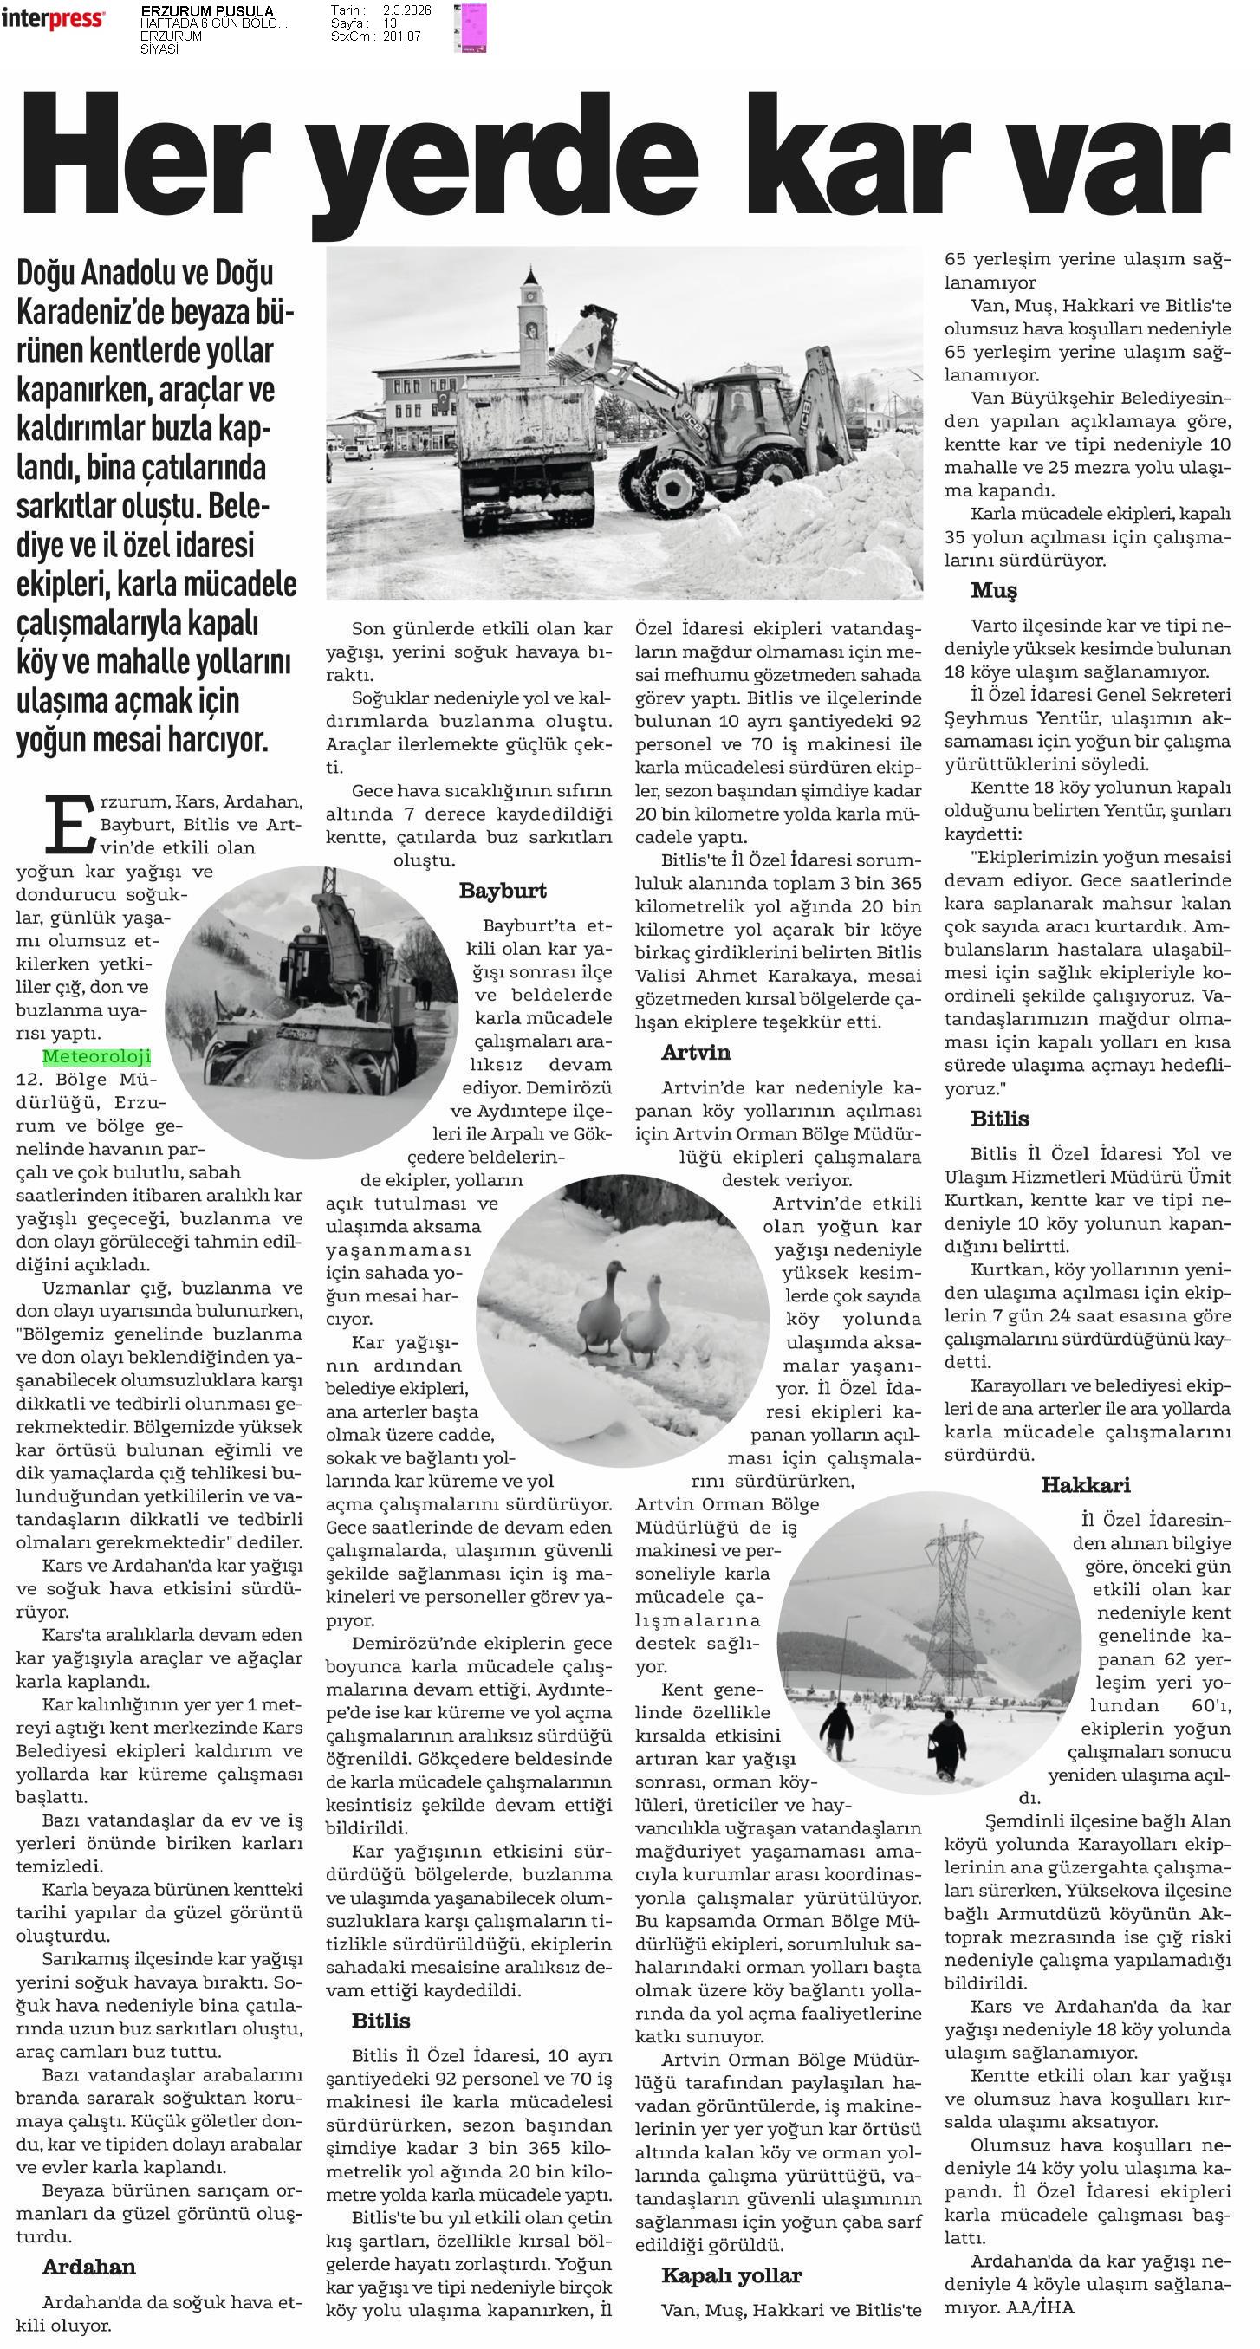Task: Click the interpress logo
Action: (x=53, y=17)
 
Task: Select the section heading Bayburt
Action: (x=503, y=890)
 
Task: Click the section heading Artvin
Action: (x=696, y=1051)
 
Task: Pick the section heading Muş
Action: (x=993, y=590)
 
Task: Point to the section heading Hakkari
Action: (x=1085, y=1484)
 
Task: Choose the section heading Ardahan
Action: (x=88, y=2266)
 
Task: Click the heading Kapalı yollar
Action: (x=731, y=2275)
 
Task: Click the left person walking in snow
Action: (x=837, y=1729)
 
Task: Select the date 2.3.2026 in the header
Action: (x=406, y=10)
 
